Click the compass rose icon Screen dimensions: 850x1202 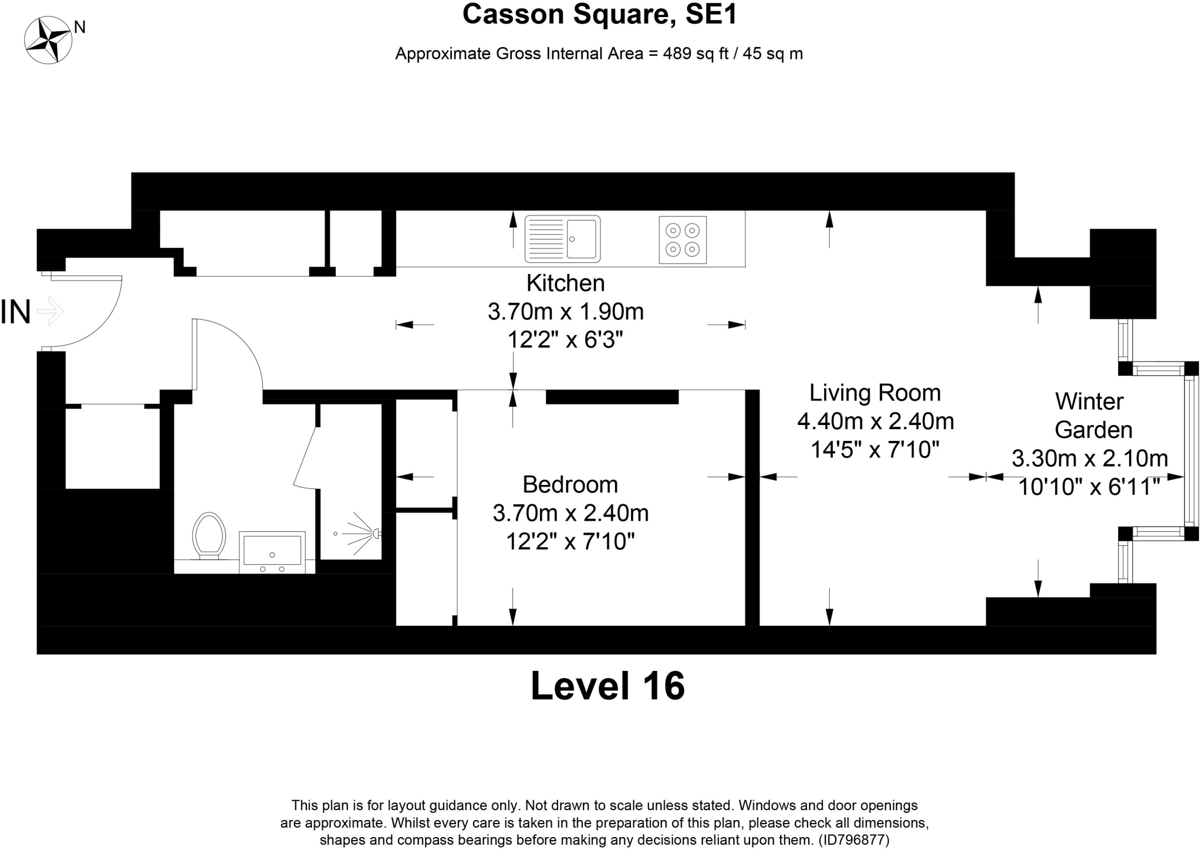pos(48,40)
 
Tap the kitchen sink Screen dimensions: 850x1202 pos(562,239)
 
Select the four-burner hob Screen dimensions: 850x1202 pos(683,240)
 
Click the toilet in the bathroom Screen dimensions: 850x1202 pos(209,535)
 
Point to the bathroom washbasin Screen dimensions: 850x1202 pos(272,551)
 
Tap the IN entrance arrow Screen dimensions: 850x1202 pos(50,311)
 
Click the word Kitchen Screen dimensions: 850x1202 pos(565,283)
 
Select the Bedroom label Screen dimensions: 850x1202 pos(570,484)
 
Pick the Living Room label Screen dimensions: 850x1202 pos(875,393)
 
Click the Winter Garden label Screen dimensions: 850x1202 pos(1092,416)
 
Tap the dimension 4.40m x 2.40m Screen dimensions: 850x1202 pos(875,421)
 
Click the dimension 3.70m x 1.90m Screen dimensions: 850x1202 pos(565,311)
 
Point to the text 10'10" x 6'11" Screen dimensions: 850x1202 pos(1089,487)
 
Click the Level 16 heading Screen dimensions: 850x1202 pos(607,686)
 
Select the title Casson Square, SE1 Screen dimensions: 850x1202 pos(599,14)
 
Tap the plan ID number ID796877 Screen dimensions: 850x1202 pos(853,840)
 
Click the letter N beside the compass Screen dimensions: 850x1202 pos(80,27)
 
